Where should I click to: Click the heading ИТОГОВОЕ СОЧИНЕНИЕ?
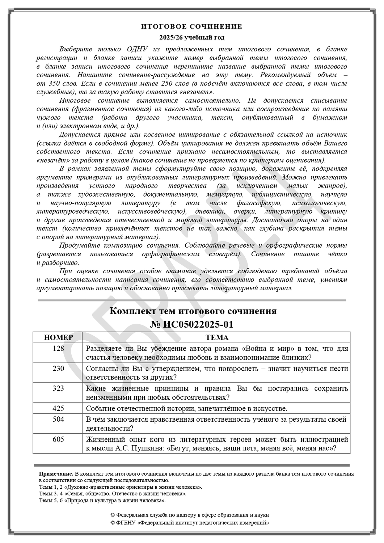(192, 27)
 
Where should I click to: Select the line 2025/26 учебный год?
(192, 38)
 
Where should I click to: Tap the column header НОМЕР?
(58, 338)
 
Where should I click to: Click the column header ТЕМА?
(217, 338)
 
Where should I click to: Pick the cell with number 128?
(58, 349)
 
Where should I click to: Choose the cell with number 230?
(58, 369)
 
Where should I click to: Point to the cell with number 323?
(58, 388)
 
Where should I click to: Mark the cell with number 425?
(58, 408)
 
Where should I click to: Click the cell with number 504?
(58, 420)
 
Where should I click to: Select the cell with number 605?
(58, 439)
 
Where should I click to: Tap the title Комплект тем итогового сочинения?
(193, 311)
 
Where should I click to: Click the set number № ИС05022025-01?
(192, 324)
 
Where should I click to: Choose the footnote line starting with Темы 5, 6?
(102, 501)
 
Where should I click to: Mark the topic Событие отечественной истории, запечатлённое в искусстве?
(187, 409)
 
